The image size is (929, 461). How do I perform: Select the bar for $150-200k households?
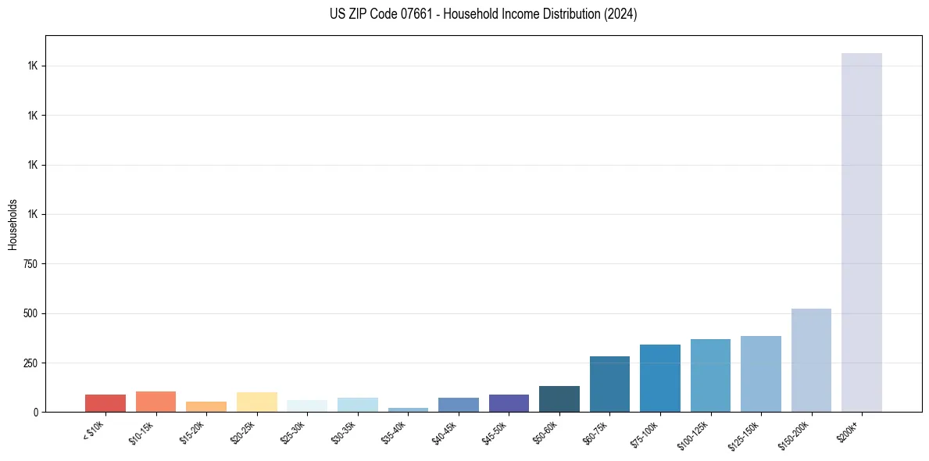coord(811,360)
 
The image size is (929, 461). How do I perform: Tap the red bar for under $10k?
coord(105,403)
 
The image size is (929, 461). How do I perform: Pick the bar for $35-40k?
coord(408,409)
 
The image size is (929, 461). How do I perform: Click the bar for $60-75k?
coord(609,384)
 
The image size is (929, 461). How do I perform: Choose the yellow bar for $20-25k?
coord(256,402)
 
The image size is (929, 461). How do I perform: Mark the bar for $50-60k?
coord(559,398)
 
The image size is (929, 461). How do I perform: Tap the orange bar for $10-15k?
coord(155,402)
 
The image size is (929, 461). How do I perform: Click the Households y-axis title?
coord(13,224)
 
